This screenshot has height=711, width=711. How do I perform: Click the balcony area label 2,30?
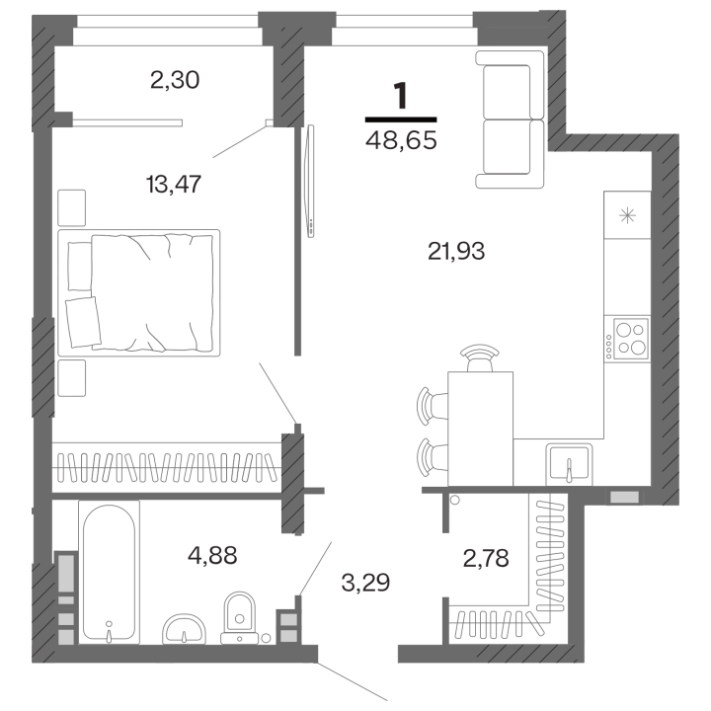(175, 80)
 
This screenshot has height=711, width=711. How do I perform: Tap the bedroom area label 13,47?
(173, 184)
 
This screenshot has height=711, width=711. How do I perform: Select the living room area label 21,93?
(456, 251)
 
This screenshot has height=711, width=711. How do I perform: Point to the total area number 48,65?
(401, 140)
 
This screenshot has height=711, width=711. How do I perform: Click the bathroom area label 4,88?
(212, 555)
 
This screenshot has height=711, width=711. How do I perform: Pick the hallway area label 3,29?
(365, 583)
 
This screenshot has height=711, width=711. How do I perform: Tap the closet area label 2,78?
(486, 558)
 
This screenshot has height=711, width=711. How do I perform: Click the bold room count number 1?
(401, 96)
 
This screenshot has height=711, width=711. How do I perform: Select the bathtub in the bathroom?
(109, 572)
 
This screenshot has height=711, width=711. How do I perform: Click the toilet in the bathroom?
(240, 617)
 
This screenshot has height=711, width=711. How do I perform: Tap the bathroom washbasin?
(184, 629)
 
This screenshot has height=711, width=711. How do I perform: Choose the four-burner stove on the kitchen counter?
(630, 339)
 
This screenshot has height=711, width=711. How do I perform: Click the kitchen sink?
(570, 462)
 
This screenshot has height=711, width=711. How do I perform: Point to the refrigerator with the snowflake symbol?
(627, 215)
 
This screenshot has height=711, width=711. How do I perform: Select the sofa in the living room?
(510, 119)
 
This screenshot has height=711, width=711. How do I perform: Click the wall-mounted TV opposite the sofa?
(311, 181)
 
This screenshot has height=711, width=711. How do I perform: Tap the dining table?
(480, 429)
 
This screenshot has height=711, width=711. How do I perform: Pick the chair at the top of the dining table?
(480, 357)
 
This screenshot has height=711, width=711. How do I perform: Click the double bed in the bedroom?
(139, 292)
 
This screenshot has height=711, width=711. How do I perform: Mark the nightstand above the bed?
(72, 207)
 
